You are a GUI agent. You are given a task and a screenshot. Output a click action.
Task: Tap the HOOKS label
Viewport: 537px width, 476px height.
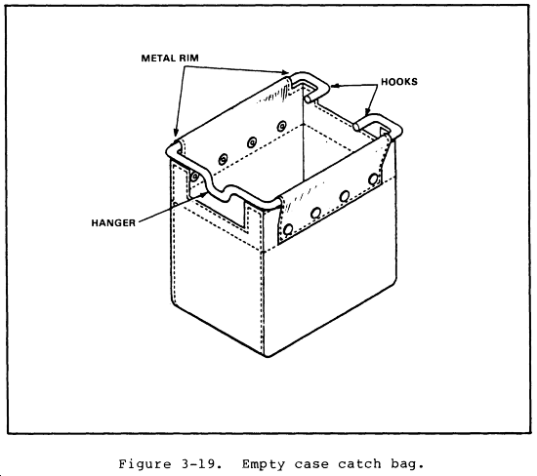click(x=399, y=81)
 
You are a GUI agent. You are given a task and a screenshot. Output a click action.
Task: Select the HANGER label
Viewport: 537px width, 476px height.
click(x=113, y=222)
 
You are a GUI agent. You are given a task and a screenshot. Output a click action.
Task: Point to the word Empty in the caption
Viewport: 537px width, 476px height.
click(x=263, y=464)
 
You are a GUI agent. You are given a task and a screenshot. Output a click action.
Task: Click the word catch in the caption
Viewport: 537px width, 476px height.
click(x=359, y=464)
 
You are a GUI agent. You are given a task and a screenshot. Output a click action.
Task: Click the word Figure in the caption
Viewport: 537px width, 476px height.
click(x=145, y=464)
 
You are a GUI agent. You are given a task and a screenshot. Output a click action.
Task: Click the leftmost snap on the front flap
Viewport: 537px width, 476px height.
click(x=289, y=228)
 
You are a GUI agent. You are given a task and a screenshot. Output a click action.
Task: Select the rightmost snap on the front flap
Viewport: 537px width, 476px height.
click(x=373, y=179)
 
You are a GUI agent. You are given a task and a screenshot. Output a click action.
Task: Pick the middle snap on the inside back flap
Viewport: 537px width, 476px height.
click(x=252, y=142)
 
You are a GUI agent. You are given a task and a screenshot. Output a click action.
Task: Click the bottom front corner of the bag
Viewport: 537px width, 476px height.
click(x=268, y=356)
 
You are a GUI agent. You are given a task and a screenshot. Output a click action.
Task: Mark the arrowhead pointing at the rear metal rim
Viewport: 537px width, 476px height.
click(x=285, y=72)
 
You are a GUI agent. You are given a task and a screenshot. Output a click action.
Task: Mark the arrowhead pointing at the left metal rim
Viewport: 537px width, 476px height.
click(x=176, y=133)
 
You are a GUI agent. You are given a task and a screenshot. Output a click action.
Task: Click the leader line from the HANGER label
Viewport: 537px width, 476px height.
click(x=173, y=208)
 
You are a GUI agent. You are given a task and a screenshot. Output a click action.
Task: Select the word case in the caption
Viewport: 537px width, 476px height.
click(x=310, y=464)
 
